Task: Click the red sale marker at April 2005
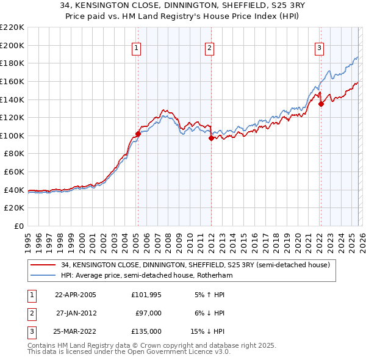click(x=138, y=134)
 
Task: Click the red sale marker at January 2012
click(x=211, y=139)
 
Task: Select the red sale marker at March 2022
click(x=321, y=104)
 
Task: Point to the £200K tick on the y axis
click(x=12, y=45)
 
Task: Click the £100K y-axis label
click(x=12, y=135)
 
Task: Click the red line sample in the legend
click(x=43, y=265)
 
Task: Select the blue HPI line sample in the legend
click(x=43, y=275)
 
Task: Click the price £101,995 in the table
click(x=146, y=295)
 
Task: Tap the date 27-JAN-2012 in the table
click(x=76, y=313)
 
